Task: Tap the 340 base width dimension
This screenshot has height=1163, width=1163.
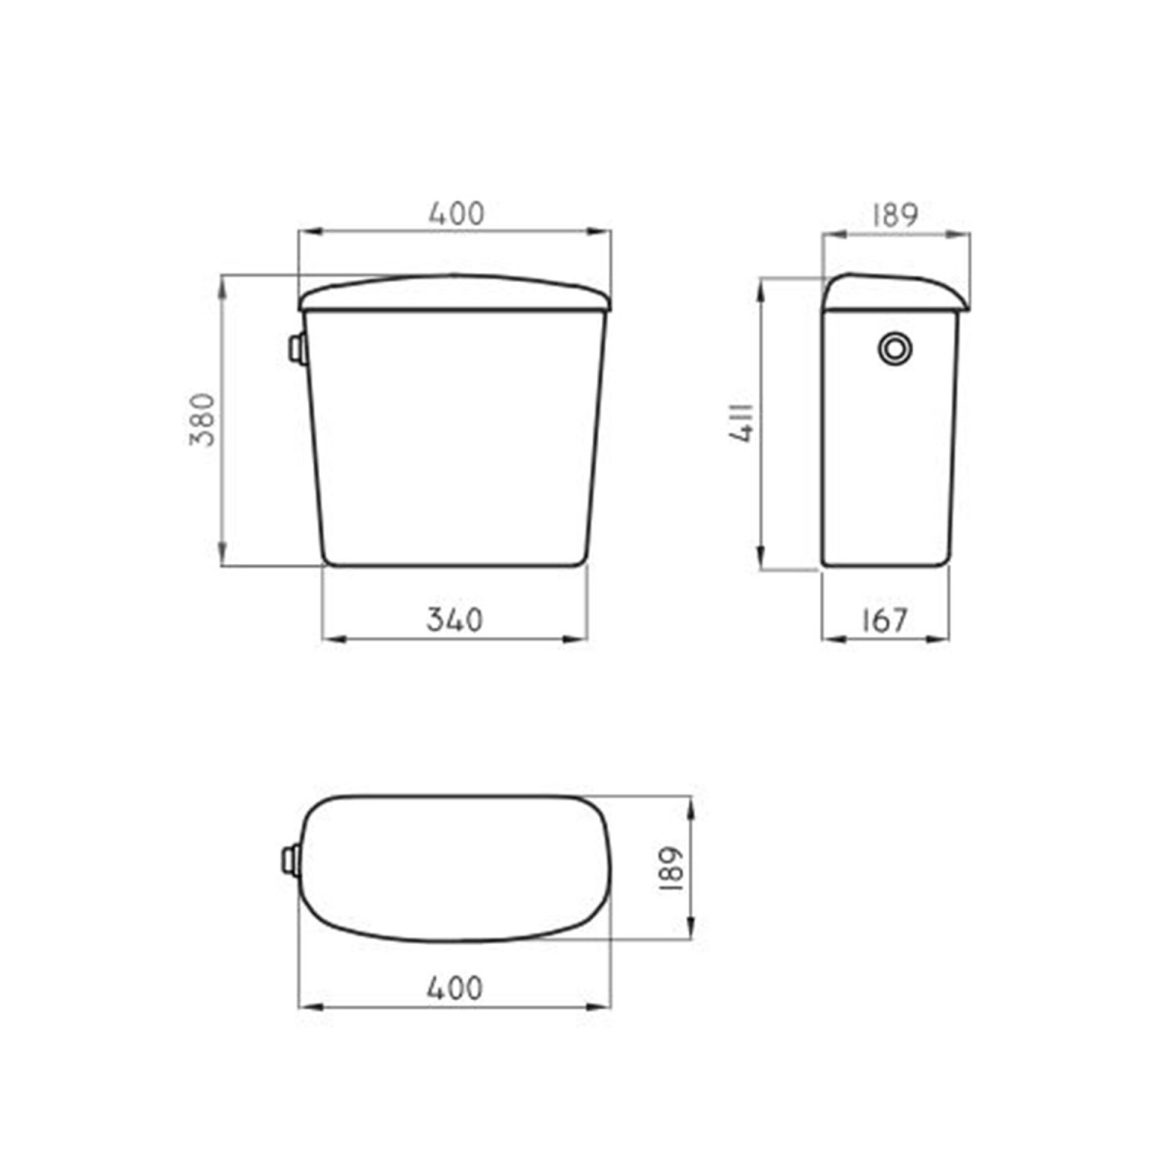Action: click(455, 620)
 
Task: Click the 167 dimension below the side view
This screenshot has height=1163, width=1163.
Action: click(884, 620)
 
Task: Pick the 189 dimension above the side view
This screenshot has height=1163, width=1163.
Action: click(895, 215)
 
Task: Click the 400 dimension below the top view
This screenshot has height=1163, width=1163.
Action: click(455, 988)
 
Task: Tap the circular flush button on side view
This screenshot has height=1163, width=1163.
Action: click(895, 349)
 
